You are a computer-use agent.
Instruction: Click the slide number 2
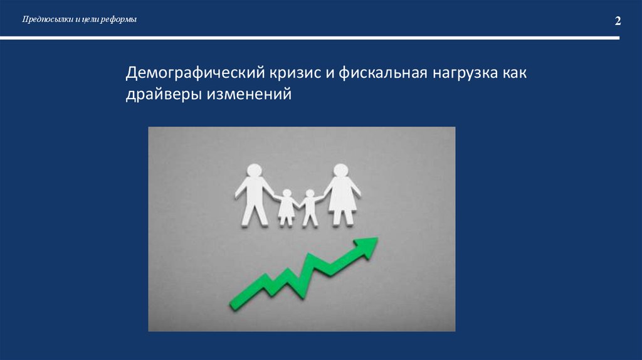618,21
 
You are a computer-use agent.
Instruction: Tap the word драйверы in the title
160,95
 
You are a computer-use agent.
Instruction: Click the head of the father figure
254,171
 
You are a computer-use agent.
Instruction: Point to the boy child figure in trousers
308,208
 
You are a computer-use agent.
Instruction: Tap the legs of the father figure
254,213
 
